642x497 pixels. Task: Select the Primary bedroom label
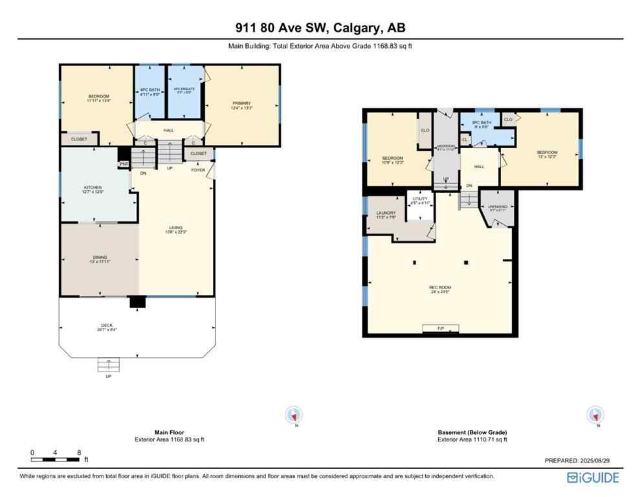click(x=241, y=105)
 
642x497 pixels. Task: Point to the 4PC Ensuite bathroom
click(x=184, y=92)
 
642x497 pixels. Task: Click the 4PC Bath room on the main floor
click(x=149, y=92)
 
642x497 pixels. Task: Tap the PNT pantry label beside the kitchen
click(x=124, y=164)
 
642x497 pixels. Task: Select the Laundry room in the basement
click(x=386, y=215)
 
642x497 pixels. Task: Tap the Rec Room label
click(x=440, y=289)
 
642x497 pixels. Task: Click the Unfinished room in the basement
click(x=498, y=207)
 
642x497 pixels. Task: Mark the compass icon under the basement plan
click(x=595, y=415)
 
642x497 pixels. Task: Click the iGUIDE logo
click(x=593, y=478)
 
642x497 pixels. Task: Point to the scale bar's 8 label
click(x=79, y=452)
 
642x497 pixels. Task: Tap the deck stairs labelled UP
click(x=108, y=366)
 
